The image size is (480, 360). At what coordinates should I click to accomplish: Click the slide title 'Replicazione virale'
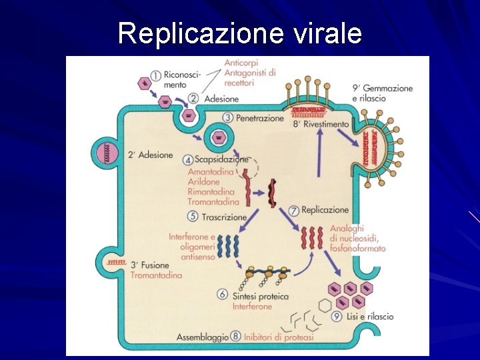(x=240, y=33)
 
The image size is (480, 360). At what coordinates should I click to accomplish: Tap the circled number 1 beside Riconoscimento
(x=156, y=77)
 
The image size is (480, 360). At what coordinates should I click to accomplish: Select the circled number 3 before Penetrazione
(x=227, y=117)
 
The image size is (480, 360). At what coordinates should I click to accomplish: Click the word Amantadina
(x=211, y=172)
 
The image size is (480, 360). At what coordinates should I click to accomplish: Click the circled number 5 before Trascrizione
(x=193, y=217)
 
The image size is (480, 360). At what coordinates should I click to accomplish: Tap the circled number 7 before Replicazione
(x=293, y=211)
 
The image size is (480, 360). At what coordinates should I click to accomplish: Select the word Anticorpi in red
(x=241, y=64)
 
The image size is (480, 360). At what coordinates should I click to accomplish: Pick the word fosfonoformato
(x=357, y=249)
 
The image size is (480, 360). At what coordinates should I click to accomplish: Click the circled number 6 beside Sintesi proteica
(x=223, y=295)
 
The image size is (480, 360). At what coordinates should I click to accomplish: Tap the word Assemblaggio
(x=203, y=337)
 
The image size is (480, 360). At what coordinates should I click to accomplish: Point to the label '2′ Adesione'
(x=150, y=155)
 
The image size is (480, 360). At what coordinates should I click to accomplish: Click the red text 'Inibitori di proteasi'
(x=279, y=337)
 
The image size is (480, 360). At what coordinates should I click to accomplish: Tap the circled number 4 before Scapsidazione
(x=188, y=160)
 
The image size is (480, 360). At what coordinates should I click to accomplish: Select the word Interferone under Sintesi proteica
(x=252, y=307)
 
